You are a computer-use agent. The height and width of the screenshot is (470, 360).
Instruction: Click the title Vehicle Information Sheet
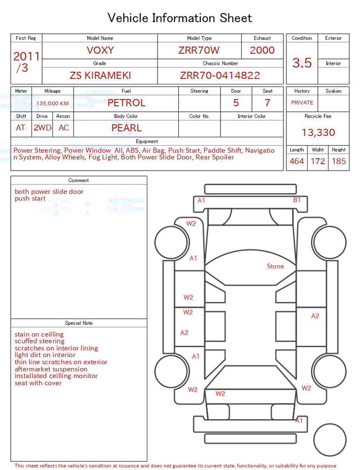point(180,18)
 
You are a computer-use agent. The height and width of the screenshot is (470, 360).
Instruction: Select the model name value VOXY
point(100,50)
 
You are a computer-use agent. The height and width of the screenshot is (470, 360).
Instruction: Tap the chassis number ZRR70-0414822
point(220,75)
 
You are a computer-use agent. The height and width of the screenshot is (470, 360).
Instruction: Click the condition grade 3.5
point(302,63)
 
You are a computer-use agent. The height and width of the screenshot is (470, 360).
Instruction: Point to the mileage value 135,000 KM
point(52,104)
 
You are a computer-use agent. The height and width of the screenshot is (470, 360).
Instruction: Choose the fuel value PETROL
point(127,103)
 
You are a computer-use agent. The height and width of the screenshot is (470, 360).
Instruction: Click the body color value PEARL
point(127,128)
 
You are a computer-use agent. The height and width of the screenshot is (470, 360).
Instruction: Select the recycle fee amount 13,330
point(318,133)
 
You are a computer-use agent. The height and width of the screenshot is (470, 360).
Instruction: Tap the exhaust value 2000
point(262,50)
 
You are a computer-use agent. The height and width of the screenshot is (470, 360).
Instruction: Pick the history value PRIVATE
point(302,103)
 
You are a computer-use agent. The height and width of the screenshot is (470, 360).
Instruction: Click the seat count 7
point(267,103)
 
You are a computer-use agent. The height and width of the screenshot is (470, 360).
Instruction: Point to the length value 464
point(296,162)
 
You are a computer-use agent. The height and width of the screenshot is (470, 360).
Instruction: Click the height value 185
point(339,162)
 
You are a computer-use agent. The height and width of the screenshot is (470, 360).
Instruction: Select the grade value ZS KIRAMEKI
point(100,75)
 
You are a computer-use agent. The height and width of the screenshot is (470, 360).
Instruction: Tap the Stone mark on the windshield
point(275,266)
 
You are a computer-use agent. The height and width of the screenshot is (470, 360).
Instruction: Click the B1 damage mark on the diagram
point(296,200)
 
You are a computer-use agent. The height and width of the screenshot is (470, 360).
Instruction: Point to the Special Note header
point(79,323)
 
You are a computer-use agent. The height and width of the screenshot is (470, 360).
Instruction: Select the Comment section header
point(79,181)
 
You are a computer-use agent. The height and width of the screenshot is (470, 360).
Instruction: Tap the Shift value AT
point(21,128)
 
